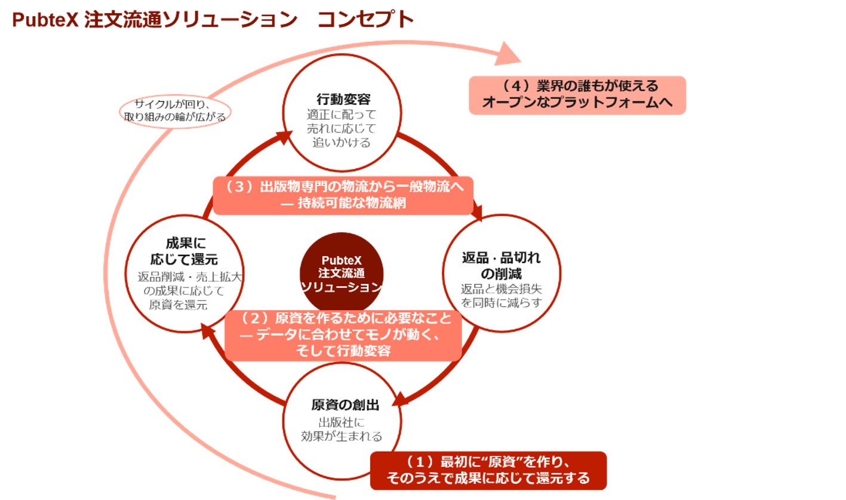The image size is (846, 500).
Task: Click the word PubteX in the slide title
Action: pyautogui.click(x=45, y=20)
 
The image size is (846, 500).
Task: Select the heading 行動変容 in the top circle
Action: pyautogui.click(x=343, y=99)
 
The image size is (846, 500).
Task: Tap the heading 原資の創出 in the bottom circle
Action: pyautogui.click(x=345, y=405)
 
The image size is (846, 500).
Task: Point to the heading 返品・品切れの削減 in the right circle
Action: pyautogui.click(x=501, y=266)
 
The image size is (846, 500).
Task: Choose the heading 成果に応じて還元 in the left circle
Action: pyautogui.click(x=184, y=251)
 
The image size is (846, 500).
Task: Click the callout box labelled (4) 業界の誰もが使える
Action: pyautogui.click(x=577, y=95)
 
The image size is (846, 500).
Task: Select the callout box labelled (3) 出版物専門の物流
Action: pyautogui.click(x=343, y=196)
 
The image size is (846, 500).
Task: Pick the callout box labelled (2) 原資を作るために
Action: pyautogui.click(x=343, y=335)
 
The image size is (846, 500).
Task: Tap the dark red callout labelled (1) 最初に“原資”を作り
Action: pyautogui.click(x=488, y=471)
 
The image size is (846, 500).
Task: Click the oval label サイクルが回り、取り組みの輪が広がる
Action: pyautogui.click(x=175, y=112)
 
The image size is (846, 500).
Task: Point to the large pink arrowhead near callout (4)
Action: pyautogui.click(x=508, y=54)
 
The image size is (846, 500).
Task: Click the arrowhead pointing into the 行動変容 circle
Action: pyautogui.click(x=284, y=137)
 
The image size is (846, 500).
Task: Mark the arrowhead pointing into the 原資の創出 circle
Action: pyautogui.click(x=401, y=399)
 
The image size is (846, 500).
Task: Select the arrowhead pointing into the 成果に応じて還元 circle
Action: pyautogui.click(x=207, y=331)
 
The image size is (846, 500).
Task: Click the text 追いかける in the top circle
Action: pyautogui.click(x=342, y=143)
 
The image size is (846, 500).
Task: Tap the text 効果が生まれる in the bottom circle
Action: pyautogui.click(x=342, y=436)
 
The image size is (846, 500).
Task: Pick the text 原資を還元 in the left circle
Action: pyautogui.click(x=179, y=304)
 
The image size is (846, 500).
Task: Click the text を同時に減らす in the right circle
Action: pyautogui.click(x=501, y=303)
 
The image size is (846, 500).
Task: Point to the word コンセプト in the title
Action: pyautogui.click(x=365, y=20)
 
